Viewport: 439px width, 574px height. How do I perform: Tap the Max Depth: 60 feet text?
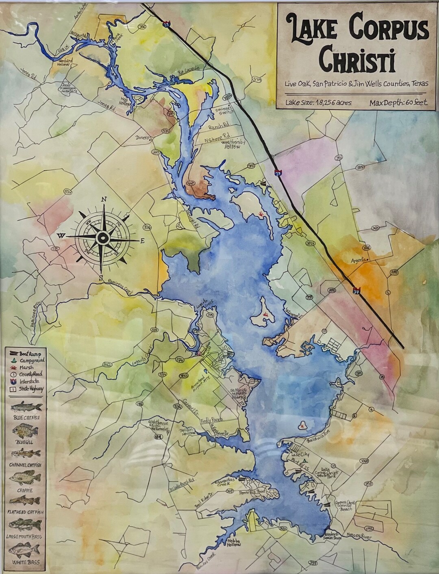click(398, 102)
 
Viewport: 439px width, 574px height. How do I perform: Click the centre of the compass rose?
click(103, 237)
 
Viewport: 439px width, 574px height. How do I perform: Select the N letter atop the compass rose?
click(104, 199)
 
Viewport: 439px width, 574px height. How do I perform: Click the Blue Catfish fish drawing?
click(25, 407)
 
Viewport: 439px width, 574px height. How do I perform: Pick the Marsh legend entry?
click(24, 367)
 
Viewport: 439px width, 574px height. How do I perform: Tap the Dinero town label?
click(143, 138)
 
